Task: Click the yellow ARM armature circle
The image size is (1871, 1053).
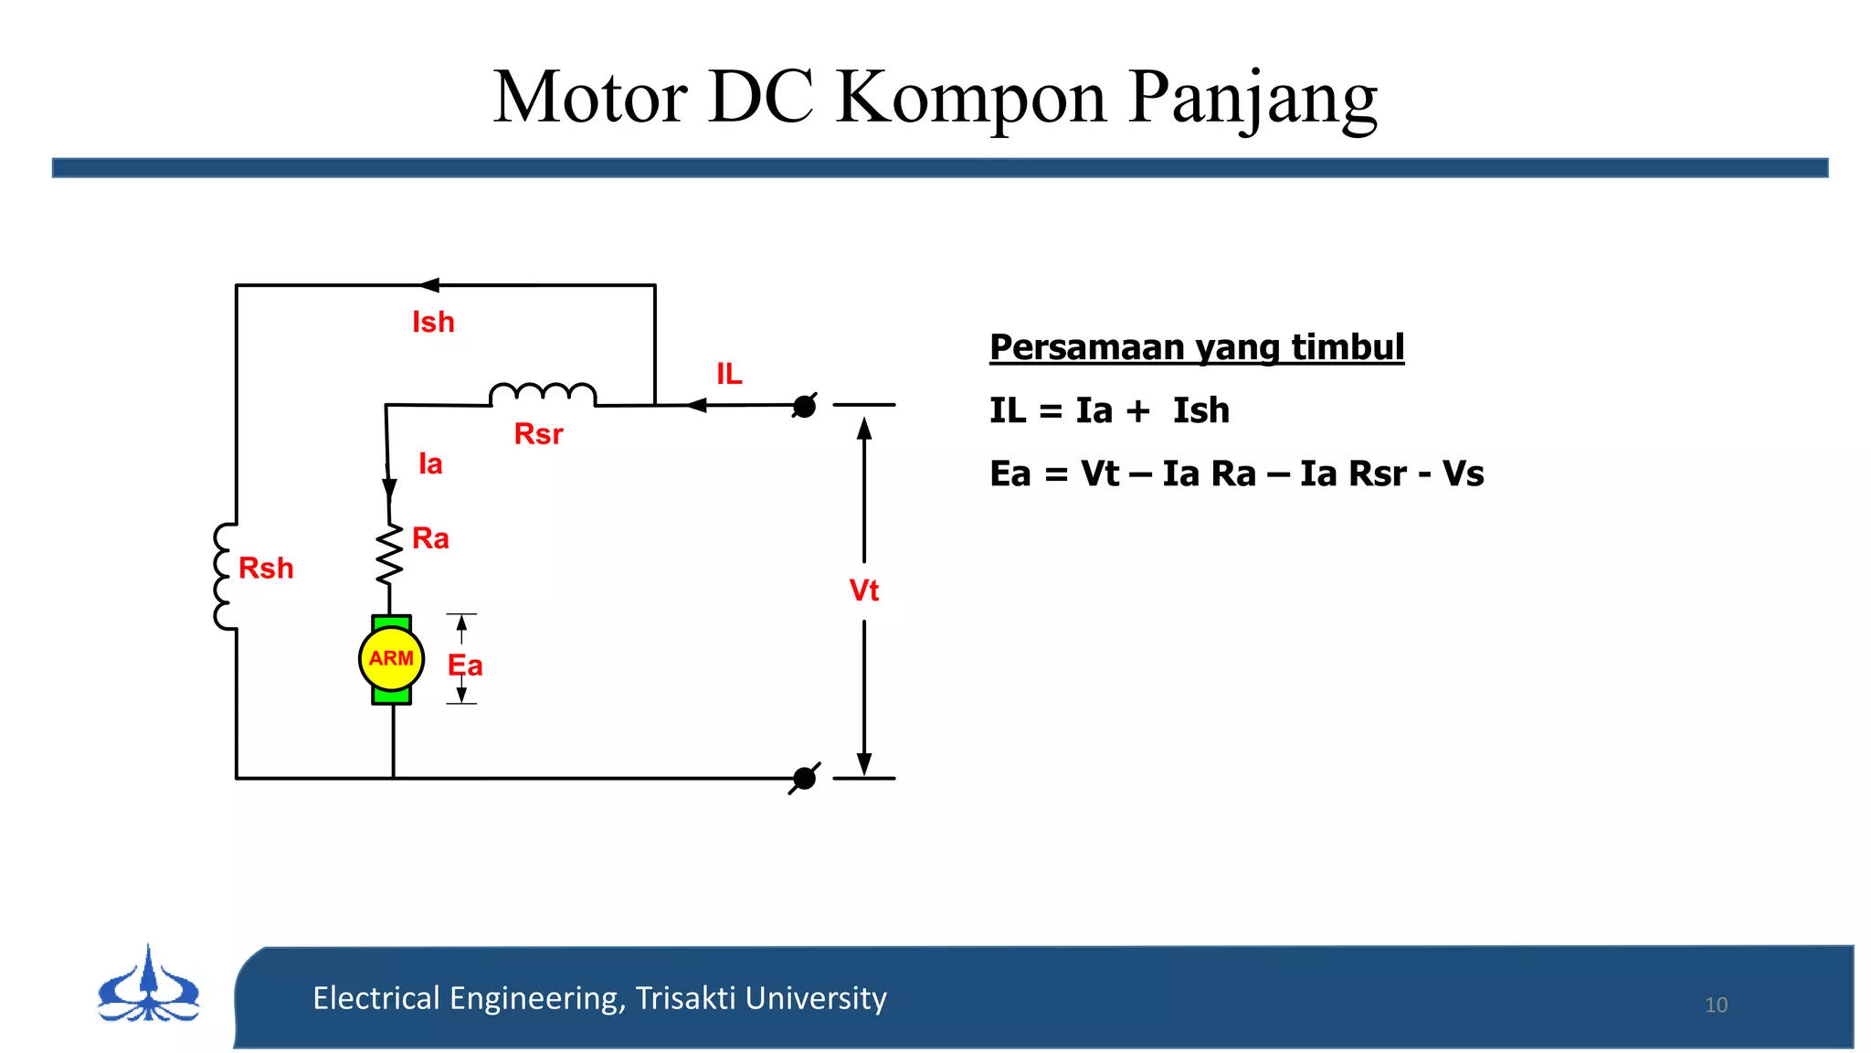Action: pyautogui.click(x=391, y=658)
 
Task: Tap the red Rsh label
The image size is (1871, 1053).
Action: pyautogui.click(x=266, y=569)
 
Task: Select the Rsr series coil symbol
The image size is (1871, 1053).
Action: pyautogui.click(x=543, y=395)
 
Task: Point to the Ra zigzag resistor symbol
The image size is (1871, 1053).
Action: pyautogui.click(x=390, y=555)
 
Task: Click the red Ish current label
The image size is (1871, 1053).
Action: pyautogui.click(x=433, y=323)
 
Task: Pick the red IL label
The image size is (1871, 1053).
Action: pyautogui.click(x=729, y=374)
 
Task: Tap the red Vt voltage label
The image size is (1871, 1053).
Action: pyautogui.click(x=863, y=590)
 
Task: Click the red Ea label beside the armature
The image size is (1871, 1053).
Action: pyautogui.click(x=465, y=665)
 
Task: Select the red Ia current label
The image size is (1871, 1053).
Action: pyautogui.click(x=430, y=464)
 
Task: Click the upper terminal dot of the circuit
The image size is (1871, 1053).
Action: pyautogui.click(x=804, y=406)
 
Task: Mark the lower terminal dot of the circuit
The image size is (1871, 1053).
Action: pyautogui.click(x=804, y=779)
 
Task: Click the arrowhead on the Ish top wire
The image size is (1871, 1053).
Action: pyautogui.click(x=429, y=285)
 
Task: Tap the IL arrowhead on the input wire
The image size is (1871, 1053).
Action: pyautogui.click(x=696, y=405)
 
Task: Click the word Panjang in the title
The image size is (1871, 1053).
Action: pyautogui.click(x=1253, y=99)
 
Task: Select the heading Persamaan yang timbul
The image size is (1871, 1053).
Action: pyautogui.click(x=1197, y=347)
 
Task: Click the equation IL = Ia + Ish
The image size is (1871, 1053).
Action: pyautogui.click(x=1109, y=410)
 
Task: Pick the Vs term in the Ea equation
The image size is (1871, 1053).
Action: pyautogui.click(x=1463, y=473)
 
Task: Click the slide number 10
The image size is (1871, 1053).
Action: pyautogui.click(x=1716, y=1005)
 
